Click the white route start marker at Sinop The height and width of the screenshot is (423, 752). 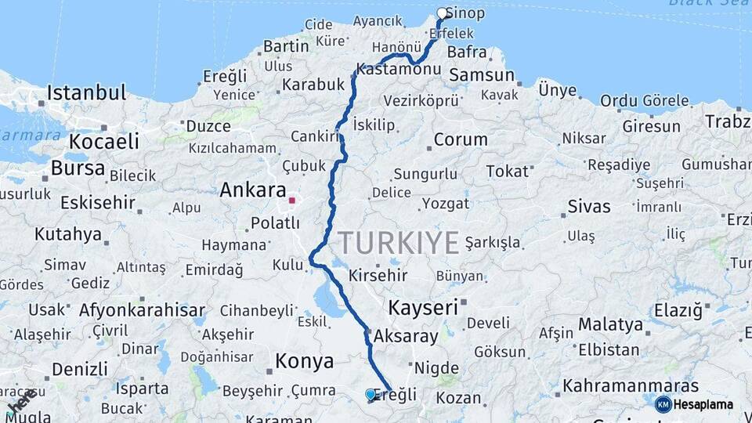pyautogui.click(x=443, y=13)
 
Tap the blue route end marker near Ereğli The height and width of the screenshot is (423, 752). pyautogui.click(x=371, y=394)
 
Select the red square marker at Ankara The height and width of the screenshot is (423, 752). pyautogui.click(x=292, y=201)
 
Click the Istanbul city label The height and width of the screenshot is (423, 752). pyautogui.click(x=86, y=92)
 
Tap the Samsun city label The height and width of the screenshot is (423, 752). pyautogui.click(x=481, y=76)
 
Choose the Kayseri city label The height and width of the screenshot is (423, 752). pyautogui.click(x=422, y=307)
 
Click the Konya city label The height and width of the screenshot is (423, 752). pyautogui.click(x=304, y=362)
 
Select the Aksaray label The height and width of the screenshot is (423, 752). pyautogui.click(x=406, y=336)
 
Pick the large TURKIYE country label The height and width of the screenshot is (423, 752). pyautogui.click(x=398, y=244)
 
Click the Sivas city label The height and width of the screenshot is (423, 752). pyautogui.click(x=588, y=207)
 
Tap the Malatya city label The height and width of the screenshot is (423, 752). pyautogui.click(x=610, y=324)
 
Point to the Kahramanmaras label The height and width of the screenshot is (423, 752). pyautogui.click(x=631, y=386)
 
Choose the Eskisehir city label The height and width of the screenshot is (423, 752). pyautogui.click(x=98, y=202)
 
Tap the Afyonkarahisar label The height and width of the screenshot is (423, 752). pyautogui.click(x=142, y=309)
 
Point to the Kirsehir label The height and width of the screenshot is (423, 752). pyautogui.click(x=378, y=276)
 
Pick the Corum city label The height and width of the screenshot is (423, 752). pyautogui.click(x=461, y=139)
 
